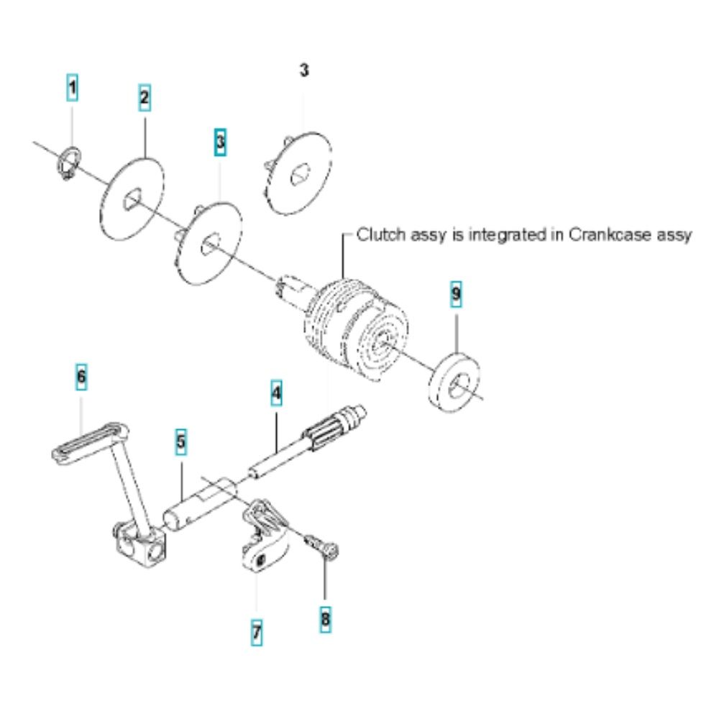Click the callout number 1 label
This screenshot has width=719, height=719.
pos(72,87)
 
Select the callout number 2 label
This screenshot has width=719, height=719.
pos(145,98)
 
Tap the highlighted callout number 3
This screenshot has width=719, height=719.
pos(220,142)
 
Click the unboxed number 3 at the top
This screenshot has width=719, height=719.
pos(304,70)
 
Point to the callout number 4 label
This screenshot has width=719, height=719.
pos(276,393)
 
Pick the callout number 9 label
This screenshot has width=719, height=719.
pos(456,294)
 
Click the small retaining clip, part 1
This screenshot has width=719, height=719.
pos(70,162)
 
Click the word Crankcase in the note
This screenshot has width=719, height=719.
pos(610,235)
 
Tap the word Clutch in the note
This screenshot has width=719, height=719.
pos(381,235)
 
